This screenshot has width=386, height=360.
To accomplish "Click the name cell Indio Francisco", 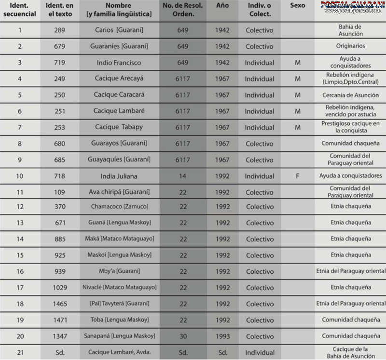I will click(x=118, y=63).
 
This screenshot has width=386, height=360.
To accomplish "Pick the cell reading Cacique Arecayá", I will click(x=119, y=79).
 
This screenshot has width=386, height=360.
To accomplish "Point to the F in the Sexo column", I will click(x=298, y=176).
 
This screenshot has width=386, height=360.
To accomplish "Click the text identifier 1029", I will click(x=60, y=288).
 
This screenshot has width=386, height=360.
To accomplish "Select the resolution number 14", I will click(x=183, y=176).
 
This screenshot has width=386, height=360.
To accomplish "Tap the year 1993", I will click(x=222, y=336).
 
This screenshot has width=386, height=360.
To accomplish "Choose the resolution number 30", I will click(x=183, y=336).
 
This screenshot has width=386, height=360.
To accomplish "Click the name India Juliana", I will click(x=118, y=176).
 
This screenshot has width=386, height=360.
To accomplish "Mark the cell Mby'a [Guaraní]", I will click(x=119, y=271).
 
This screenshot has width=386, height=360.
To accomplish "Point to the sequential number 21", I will click(x=20, y=352).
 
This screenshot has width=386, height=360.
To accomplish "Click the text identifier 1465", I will click(x=60, y=304).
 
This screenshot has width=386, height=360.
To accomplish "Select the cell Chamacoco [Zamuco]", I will click(x=119, y=207).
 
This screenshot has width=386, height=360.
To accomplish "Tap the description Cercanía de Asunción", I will click(x=350, y=95).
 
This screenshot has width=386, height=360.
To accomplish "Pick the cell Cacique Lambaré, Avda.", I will click(x=119, y=352).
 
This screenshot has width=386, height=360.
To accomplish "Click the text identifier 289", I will click(x=60, y=30).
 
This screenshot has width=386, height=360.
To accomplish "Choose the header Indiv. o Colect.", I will click(x=260, y=10).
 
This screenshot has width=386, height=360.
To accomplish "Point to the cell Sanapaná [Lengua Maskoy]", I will click(x=119, y=336).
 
